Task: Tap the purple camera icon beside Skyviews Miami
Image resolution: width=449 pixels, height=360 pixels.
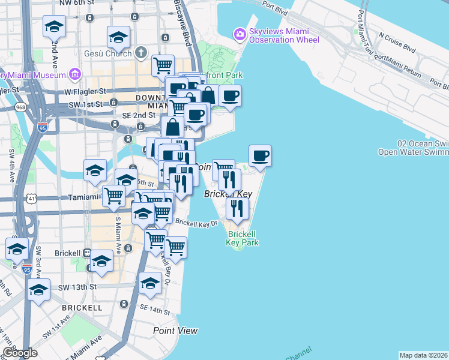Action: tap(240, 34)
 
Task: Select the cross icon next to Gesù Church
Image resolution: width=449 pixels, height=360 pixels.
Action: tap(141, 52)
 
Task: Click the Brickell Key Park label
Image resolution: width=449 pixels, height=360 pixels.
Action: tap(243, 238)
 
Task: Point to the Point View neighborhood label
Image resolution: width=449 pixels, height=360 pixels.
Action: tap(175, 331)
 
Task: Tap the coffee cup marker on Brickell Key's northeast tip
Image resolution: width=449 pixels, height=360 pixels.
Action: tap(260, 156)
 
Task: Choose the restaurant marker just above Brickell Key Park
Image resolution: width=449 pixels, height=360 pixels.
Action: tap(237, 208)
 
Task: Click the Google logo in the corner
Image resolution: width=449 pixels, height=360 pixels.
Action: tap(20, 353)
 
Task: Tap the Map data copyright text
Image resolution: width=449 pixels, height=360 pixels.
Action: tap(423, 355)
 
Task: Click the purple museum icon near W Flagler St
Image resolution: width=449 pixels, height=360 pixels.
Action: tap(75, 74)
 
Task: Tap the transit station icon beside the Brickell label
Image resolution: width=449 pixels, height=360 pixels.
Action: tap(87, 253)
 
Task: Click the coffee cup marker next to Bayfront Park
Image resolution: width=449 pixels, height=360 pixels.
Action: tap(230, 95)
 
